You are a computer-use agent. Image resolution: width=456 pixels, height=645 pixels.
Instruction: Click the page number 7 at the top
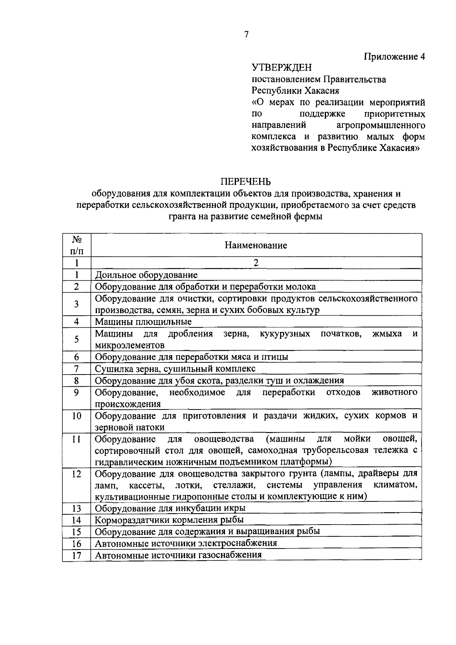246,35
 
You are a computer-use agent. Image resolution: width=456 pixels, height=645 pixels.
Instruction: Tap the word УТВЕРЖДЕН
282,68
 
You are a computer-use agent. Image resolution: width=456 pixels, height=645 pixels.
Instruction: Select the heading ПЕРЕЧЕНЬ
246,182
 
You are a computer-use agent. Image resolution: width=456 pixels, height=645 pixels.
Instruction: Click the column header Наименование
256,245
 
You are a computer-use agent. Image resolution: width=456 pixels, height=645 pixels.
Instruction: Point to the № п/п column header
77,245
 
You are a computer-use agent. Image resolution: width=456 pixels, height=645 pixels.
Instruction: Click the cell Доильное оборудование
146,275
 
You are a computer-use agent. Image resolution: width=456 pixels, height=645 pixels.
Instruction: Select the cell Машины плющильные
143,322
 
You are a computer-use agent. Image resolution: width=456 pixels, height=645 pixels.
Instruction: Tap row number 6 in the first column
77,357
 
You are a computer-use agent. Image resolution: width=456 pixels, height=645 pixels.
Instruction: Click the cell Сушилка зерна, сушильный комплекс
175,368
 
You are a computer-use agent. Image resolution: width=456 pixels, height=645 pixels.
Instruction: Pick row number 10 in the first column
77,416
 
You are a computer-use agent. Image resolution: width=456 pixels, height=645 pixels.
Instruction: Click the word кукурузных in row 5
285,334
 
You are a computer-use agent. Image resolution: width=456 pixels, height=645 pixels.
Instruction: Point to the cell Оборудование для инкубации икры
170,508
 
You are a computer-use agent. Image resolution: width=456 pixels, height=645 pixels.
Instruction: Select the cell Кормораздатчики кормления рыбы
169,520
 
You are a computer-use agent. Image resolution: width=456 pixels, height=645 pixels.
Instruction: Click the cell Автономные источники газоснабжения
178,555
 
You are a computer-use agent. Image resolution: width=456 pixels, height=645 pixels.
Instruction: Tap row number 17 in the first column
77,555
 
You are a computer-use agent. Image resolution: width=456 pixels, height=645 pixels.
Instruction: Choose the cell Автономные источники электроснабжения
186,543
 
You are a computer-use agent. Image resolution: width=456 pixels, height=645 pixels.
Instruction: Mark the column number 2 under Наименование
256,263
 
